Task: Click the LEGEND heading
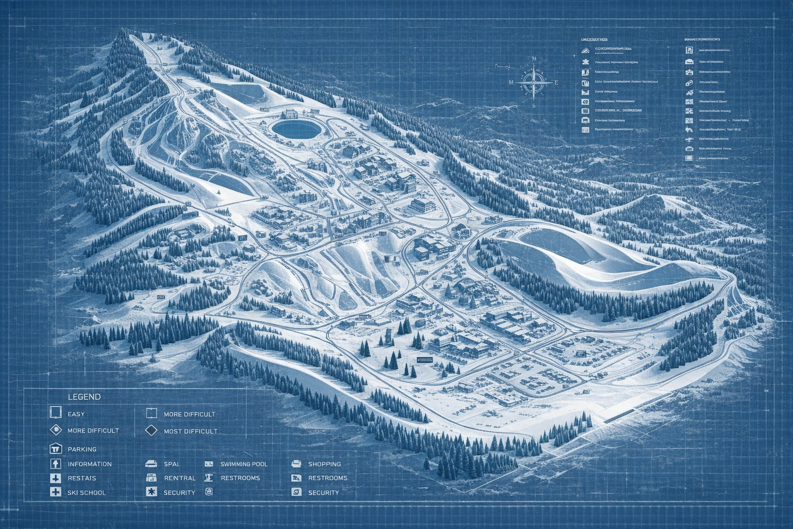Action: coord(84,397)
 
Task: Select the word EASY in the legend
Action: coord(76,414)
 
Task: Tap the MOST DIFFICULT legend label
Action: coord(191,431)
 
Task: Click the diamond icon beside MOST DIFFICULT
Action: coord(151,430)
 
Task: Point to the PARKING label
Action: coord(82,449)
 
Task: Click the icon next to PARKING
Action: coord(55,448)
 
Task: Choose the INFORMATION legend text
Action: coord(89,464)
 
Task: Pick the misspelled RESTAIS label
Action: coord(82,478)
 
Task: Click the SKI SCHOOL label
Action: coord(86,493)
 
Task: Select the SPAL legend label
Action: coord(171,464)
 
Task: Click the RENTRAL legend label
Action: coord(180,478)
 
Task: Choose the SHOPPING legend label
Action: coord(324,464)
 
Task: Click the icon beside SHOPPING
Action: coord(296,464)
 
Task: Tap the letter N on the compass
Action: coord(534,59)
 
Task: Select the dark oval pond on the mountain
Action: coord(295,128)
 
